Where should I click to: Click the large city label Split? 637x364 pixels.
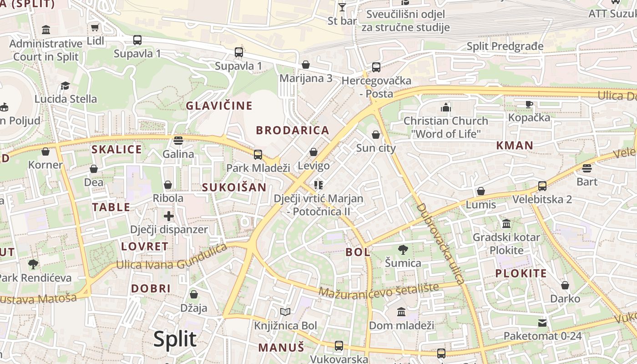pos(175,339)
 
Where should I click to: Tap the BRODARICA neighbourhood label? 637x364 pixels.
pos(292,131)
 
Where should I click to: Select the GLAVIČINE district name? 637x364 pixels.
pos(219,106)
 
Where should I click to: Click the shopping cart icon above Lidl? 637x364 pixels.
pos(95,28)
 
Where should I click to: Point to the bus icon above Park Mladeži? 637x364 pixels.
pos(258,155)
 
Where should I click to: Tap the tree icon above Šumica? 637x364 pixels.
pos(403,249)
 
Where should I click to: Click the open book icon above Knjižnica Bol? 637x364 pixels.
pos(285,312)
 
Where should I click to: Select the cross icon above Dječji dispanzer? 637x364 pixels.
pos(169,216)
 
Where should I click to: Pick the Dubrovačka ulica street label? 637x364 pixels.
pos(440,243)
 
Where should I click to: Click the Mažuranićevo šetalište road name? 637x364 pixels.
pos(379,290)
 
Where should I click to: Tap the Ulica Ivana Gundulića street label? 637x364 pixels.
pos(172,258)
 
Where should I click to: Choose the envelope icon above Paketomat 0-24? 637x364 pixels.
pos(542,323)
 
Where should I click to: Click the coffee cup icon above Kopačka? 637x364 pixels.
pos(529,104)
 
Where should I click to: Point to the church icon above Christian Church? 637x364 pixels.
pos(446,107)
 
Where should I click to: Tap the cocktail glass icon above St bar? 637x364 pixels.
pos(342,7)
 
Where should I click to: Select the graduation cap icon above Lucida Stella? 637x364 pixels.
pos(66,86)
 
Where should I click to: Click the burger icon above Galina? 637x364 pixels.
pos(178,140)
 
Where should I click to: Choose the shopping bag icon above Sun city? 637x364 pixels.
pos(376,135)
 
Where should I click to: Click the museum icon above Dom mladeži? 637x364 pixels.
pos(401,312)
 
